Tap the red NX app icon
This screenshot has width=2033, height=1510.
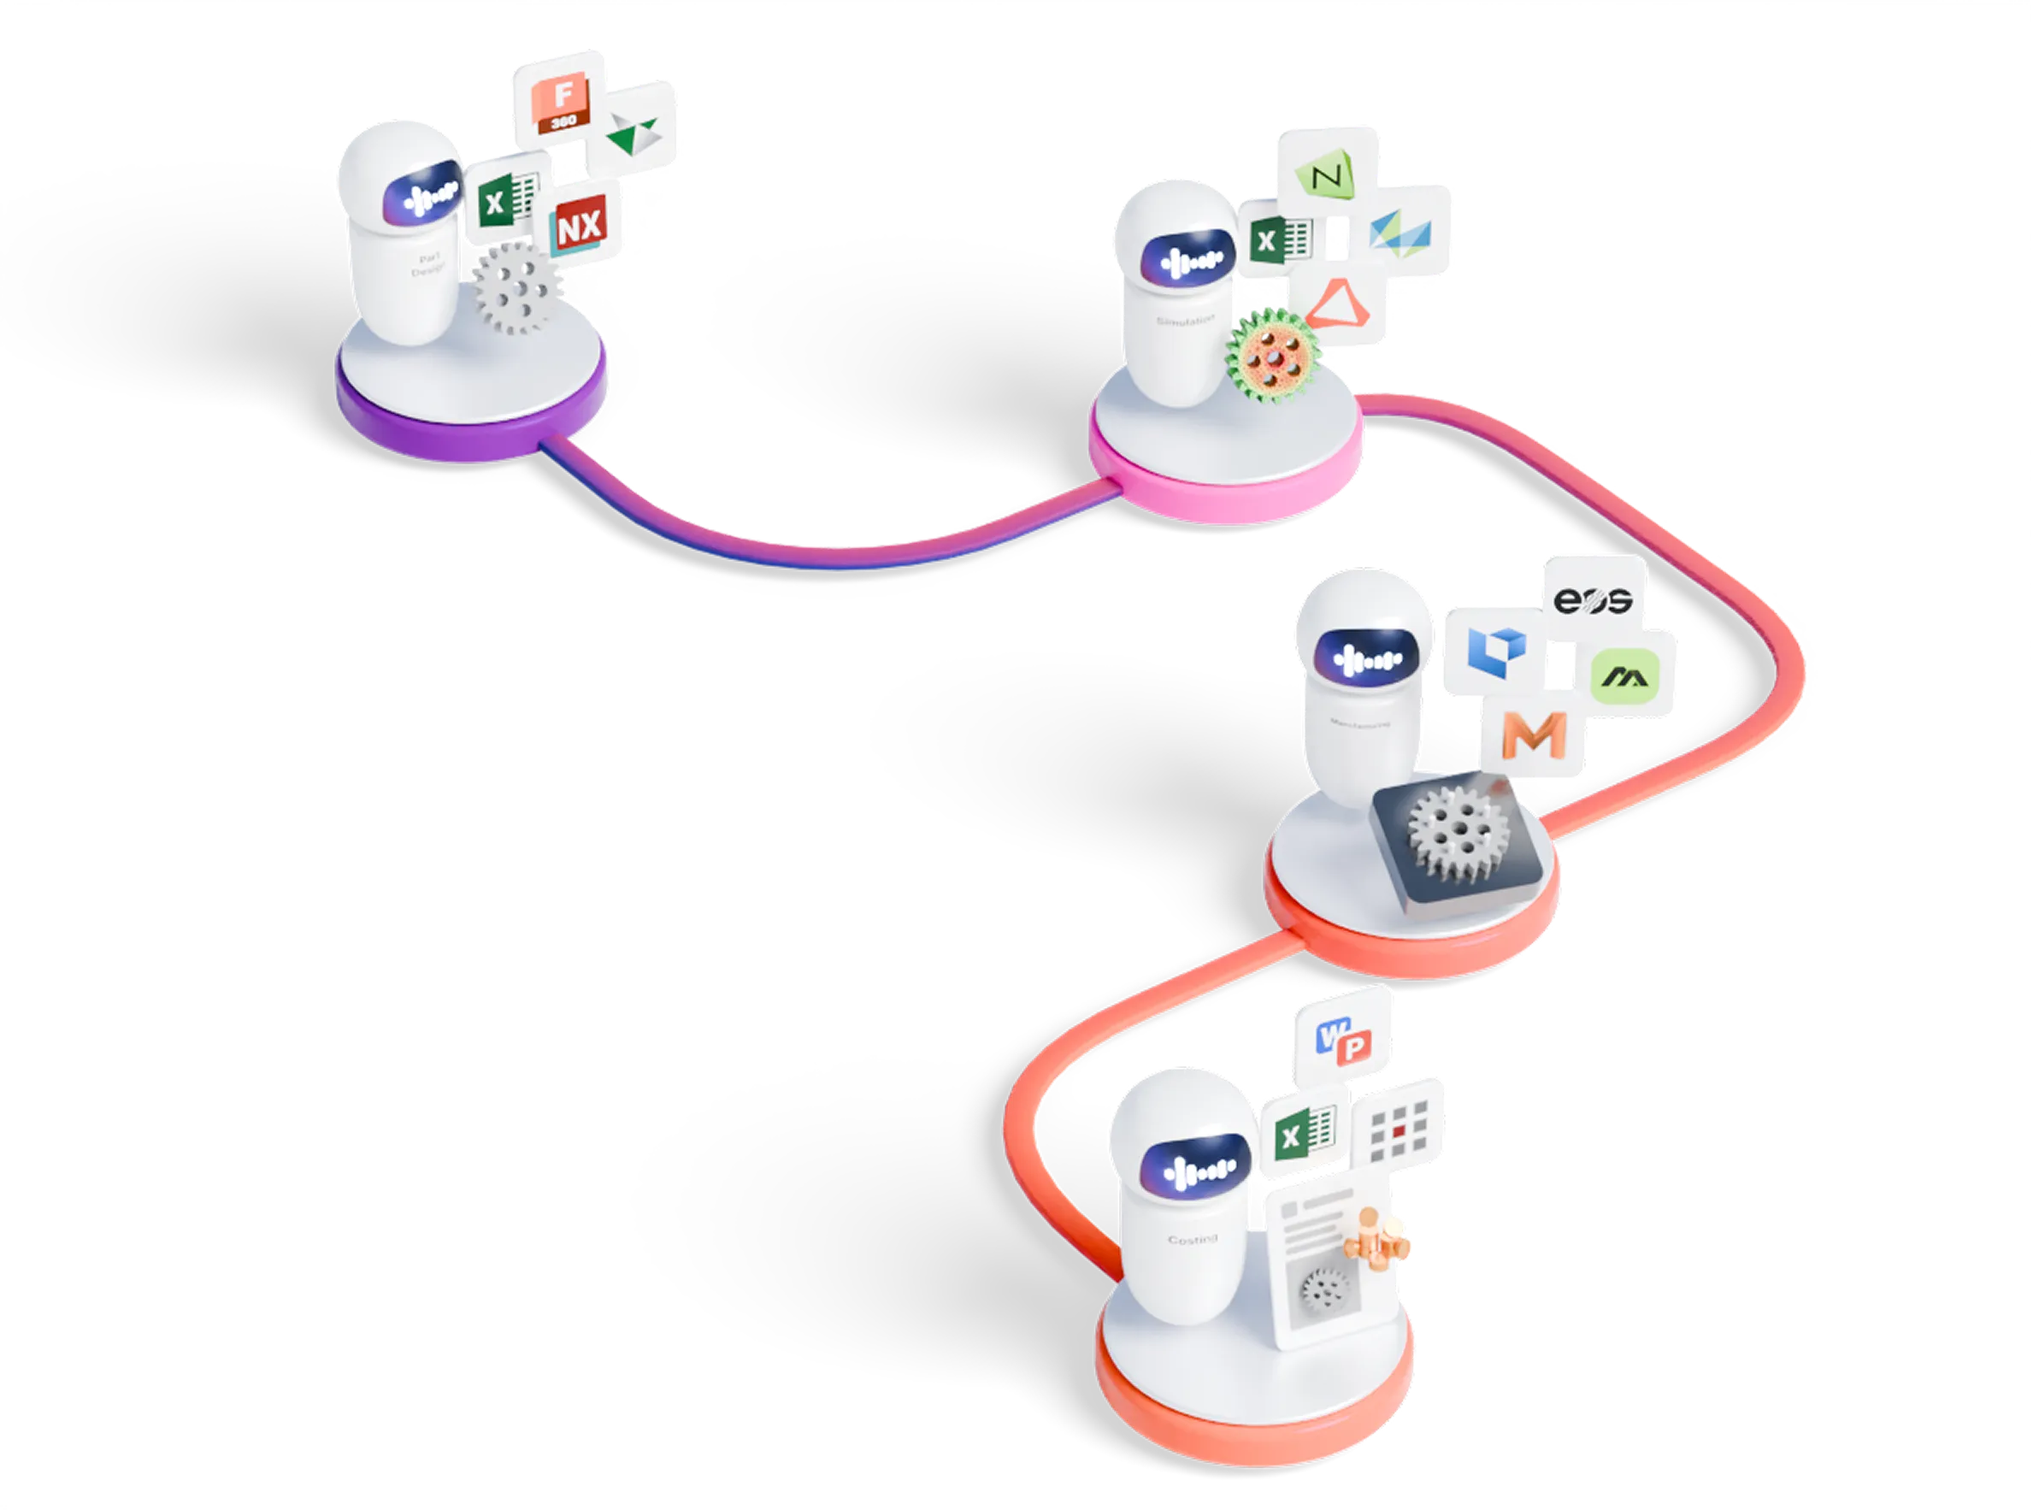point(580,225)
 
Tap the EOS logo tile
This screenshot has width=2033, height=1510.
point(1593,599)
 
